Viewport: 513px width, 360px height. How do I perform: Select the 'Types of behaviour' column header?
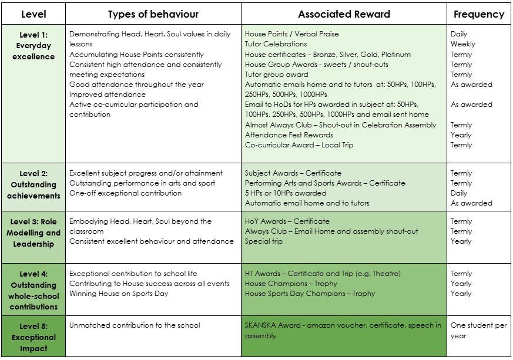click(153, 14)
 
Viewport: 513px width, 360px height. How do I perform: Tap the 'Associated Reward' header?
click(344, 14)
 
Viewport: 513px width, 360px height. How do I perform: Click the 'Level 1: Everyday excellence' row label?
click(33, 46)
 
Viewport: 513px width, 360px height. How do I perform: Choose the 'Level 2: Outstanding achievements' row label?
click(33, 184)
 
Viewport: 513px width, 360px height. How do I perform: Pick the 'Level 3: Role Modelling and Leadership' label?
click(33, 233)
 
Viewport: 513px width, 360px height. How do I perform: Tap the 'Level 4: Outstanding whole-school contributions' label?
click(33, 290)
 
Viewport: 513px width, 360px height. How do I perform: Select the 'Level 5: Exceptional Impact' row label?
click(33, 337)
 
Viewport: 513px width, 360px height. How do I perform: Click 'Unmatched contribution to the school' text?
click(134, 325)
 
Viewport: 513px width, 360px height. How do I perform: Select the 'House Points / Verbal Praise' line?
click(291, 34)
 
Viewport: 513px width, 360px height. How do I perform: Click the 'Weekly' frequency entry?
click(462, 44)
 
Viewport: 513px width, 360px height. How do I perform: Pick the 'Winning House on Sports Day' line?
click(118, 294)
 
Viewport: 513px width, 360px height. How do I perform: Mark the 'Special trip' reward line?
click(263, 241)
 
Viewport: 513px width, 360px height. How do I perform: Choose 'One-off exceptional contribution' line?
click(125, 193)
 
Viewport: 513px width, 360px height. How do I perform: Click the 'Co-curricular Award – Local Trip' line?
click(299, 145)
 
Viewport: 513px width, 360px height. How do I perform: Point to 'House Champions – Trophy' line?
click(291, 284)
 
